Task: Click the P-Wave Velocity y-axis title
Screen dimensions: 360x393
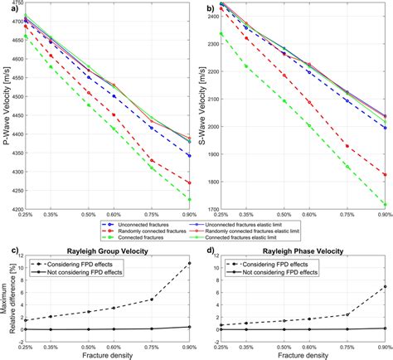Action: (7, 108)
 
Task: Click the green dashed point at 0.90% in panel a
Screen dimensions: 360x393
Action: (190, 199)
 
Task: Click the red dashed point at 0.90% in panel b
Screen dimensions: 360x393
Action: (386, 175)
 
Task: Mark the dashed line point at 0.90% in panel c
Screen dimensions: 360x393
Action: (190, 264)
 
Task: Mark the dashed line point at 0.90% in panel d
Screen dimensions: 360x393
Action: (386, 287)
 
